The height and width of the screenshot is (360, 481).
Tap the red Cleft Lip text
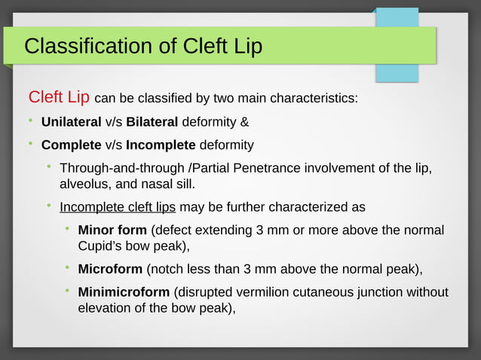59,98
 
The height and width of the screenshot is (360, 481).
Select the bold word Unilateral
72,122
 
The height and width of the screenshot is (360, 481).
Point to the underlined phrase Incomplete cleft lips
118,207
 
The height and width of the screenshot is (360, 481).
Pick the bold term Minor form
112,230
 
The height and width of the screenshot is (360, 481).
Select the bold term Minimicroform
124,292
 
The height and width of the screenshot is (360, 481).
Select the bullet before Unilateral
31,121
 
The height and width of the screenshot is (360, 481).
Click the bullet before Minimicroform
68,291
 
